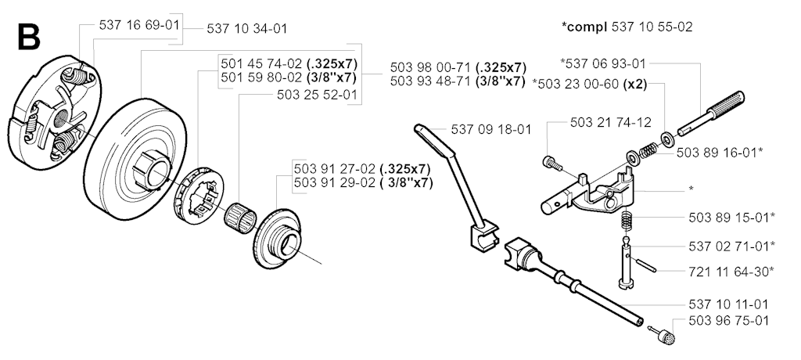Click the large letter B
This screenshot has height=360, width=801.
coord(29,37)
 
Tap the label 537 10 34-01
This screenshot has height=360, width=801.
coord(246,29)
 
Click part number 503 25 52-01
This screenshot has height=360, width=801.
coord(317,95)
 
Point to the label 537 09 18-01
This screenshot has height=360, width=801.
coord(491,129)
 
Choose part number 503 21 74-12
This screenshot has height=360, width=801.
coord(611,123)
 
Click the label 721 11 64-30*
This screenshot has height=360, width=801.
coord(731,272)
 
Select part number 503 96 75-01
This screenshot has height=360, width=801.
coord(728,321)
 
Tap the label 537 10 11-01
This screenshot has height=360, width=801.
coord(728,304)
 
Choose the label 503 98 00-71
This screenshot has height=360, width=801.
coord(431,67)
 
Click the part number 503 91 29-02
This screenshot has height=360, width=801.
coord(334,183)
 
